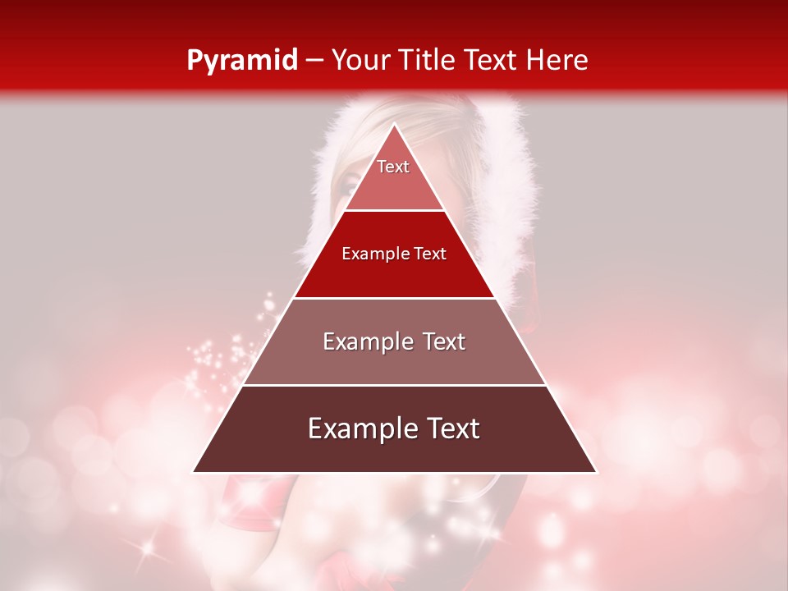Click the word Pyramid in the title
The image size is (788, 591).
pos(241,61)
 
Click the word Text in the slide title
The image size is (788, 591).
pos(491,60)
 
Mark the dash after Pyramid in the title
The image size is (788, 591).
pos(314,62)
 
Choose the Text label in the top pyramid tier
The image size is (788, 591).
pos(393,167)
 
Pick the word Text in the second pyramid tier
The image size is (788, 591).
pos(430,254)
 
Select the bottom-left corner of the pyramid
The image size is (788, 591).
pos(194,472)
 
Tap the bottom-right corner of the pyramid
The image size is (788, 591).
pos(596,472)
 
